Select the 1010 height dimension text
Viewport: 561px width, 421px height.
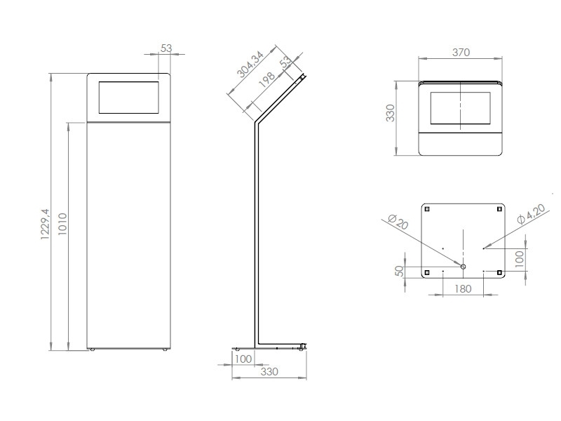point(62,226)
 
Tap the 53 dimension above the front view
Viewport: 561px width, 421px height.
point(167,48)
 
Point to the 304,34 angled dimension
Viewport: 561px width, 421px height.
point(250,64)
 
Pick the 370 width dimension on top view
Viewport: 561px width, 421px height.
point(461,52)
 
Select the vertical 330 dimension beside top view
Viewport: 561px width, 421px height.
point(391,113)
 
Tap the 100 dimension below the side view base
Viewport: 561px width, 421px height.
point(243,359)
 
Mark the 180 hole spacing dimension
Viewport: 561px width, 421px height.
point(462,288)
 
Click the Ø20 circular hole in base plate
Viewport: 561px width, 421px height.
point(463,267)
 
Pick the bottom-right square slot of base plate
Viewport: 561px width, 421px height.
point(499,272)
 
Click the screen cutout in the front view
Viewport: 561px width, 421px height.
point(130,98)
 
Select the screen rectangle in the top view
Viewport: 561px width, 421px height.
point(461,108)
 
